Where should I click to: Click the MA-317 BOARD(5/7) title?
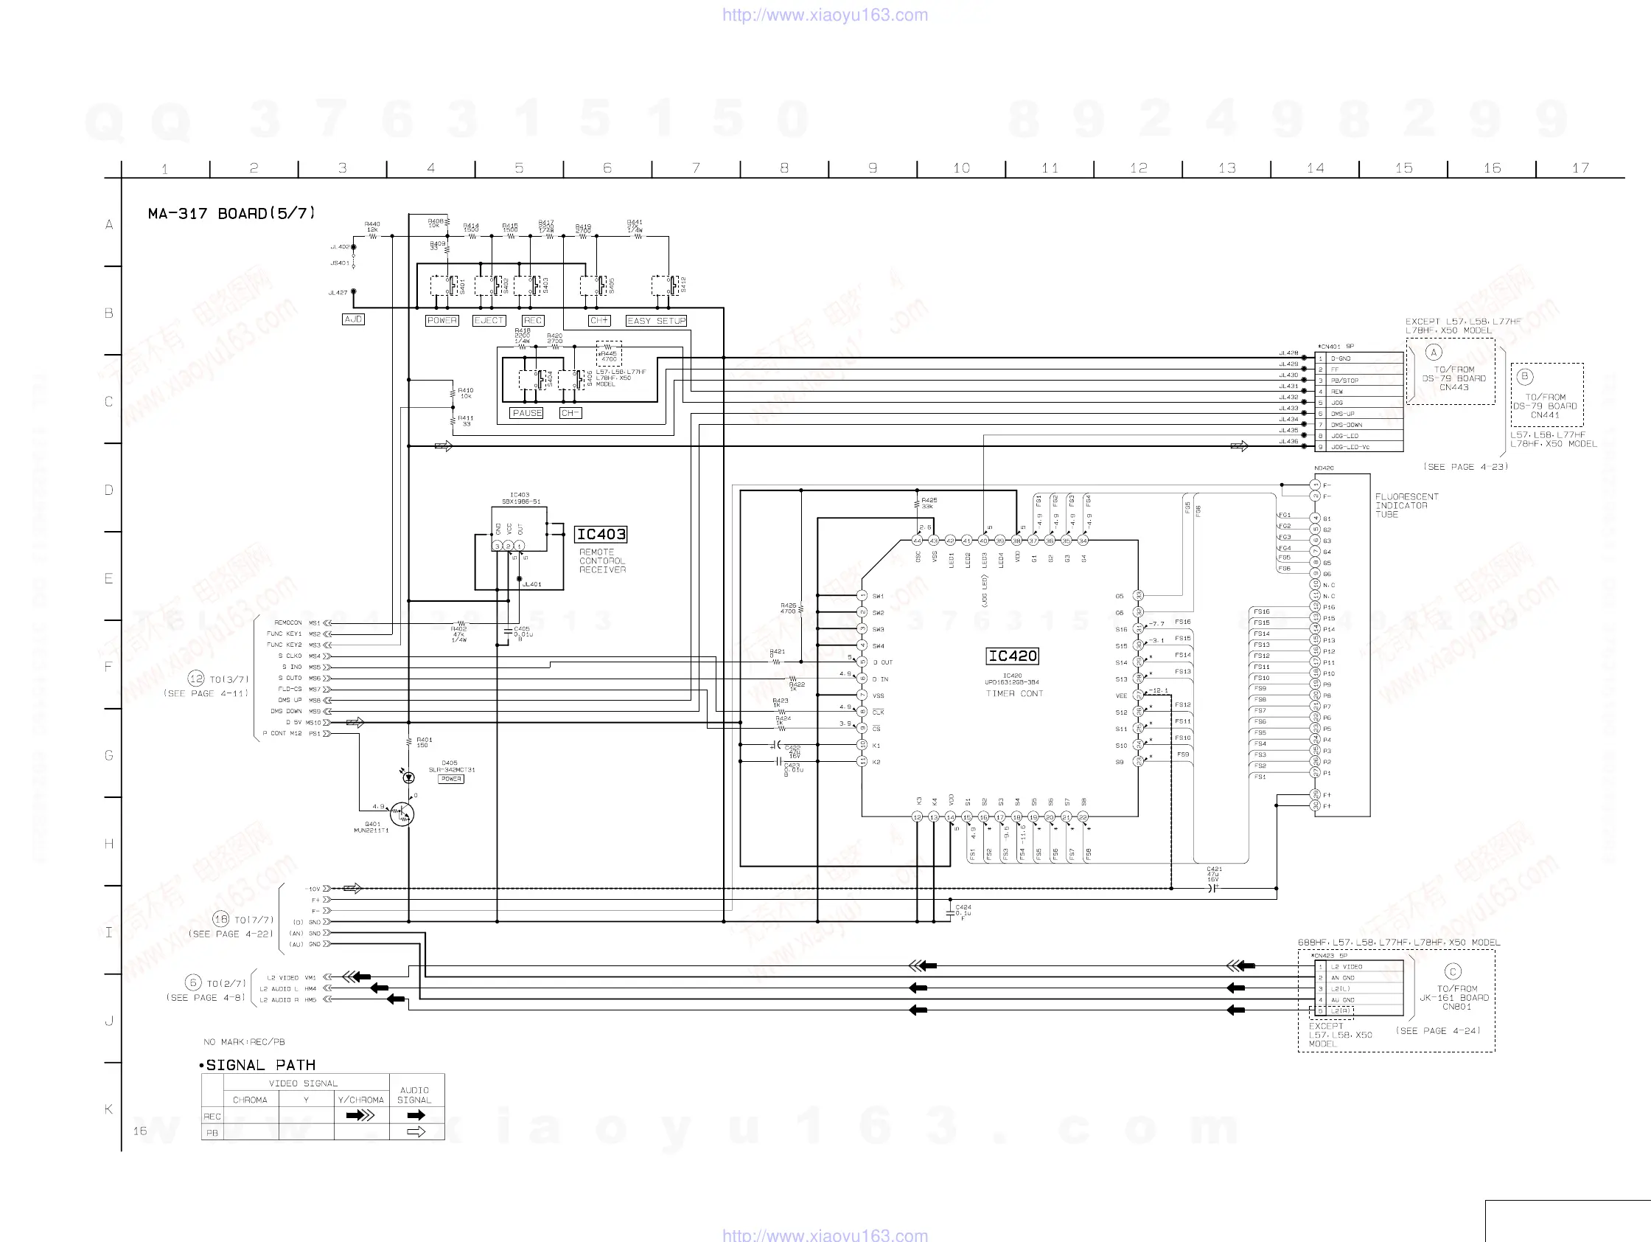231,214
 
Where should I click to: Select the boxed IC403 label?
600,534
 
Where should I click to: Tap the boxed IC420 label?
1012,656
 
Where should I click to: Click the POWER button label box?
441,320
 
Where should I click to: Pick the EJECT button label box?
489,320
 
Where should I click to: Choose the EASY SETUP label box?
656,320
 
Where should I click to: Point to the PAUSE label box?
527,413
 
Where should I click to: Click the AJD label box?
353,319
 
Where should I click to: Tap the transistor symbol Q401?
402,813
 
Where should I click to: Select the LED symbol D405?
408,777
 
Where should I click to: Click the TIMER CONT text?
1014,694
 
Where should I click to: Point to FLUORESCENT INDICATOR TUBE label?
1406,506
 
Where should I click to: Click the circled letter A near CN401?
1433,353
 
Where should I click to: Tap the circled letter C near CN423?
1453,971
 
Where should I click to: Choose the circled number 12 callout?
196,678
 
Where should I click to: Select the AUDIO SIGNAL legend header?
415,1095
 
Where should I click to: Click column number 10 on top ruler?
961,168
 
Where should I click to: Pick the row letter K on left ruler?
109,1109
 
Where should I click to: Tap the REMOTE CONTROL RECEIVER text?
602,561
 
